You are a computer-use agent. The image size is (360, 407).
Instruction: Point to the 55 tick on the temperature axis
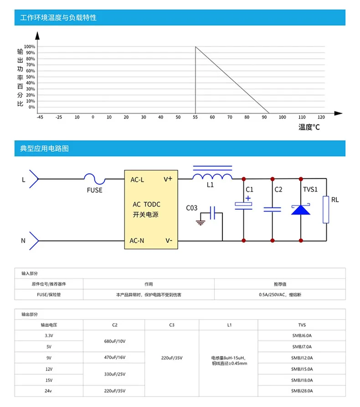[x=195, y=117]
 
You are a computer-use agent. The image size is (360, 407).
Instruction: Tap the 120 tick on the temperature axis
[x=321, y=117]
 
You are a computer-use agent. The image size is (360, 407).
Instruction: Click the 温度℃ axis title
[x=309, y=127]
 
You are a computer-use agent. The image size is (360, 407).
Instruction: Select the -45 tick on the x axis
[x=40, y=117]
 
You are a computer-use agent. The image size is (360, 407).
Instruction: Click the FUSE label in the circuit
[x=95, y=190]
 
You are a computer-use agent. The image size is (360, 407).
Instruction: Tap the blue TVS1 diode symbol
[x=300, y=209]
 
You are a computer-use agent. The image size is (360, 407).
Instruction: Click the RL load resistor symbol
[x=326, y=210]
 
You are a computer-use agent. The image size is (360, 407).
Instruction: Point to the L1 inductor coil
[x=212, y=177]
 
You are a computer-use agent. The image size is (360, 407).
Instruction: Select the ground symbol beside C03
[x=200, y=222]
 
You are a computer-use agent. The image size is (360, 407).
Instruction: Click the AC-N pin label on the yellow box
[x=137, y=241]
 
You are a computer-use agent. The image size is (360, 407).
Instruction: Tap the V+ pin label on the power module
[x=168, y=179]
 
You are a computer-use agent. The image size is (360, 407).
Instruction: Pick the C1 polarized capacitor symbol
[x=243, y=206]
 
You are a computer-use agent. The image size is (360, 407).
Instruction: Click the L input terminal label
[x=24, y=180]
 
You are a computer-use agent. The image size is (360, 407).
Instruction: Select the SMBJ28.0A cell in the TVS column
[x=302, y=391]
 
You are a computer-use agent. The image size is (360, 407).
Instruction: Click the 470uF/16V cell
[x=114, y=358]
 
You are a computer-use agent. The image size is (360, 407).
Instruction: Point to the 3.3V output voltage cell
[x=49, y=335]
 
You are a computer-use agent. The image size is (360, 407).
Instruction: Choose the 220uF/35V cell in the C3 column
[x=172, y=358]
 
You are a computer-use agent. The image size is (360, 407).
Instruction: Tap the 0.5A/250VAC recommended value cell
[x=279, y=295]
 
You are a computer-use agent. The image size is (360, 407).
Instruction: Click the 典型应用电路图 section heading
[x=45, y=149]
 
